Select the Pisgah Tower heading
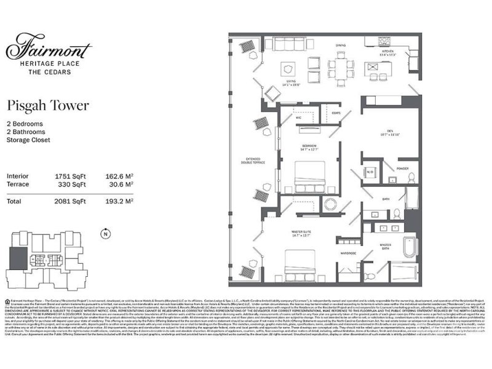pos(48,105)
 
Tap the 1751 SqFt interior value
pos(70,176)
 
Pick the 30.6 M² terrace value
pos(121,184)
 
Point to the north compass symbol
pos(106,234)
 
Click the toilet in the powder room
pos(411,178)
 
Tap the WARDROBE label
pos(349,253)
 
